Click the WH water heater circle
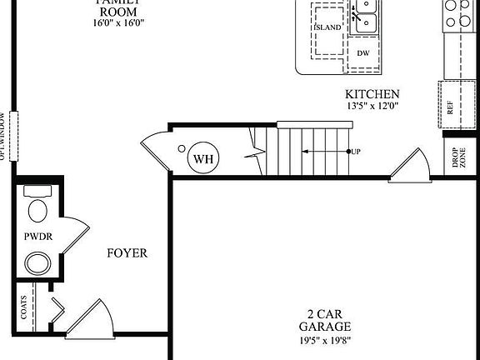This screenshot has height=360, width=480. click(x=202, y=158)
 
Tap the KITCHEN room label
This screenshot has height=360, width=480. click(x=372, y=95)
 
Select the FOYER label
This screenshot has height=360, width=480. click(x=127, y=252)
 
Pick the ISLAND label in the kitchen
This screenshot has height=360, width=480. click(x=327, y=27)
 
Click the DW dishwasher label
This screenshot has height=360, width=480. click(x=363, y=53)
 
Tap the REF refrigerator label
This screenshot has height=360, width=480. click(x=451, y=107)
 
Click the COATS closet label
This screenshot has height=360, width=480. click(x=24, y=309)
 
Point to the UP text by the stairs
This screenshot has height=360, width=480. click(x=356, y=152)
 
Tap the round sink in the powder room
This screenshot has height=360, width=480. click(x=37, y=263)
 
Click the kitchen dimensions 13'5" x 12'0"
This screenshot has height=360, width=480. click(x=372, y=107)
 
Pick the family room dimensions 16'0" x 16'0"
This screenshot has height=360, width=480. click(x=119, y=23)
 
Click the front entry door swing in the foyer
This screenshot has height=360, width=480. click(x=90, y=321)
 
